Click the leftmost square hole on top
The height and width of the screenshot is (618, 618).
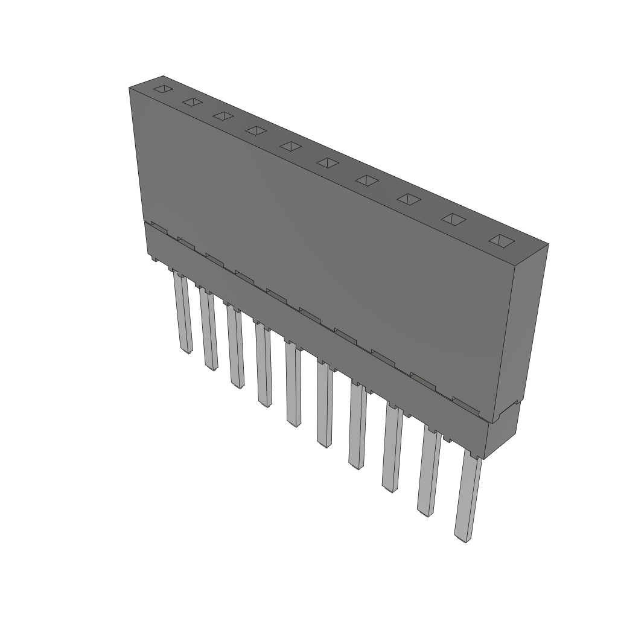coord(162,89)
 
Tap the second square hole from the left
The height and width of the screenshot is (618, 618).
coord(192,102)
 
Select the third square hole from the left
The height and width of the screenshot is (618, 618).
coord(223,116)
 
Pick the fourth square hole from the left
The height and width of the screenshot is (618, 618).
coord(256,130)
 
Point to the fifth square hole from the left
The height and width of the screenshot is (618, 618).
coord(291,146)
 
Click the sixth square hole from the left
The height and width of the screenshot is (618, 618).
coord(328,162)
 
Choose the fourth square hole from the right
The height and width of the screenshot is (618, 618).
coord(366,180)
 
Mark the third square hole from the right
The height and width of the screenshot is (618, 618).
coord(409,199)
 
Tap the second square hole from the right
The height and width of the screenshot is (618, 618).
coord(453,219)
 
